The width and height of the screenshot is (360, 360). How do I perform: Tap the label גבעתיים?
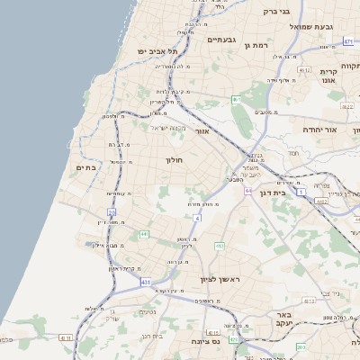coord(220,40)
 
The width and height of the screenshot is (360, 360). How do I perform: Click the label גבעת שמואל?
coord(311,26)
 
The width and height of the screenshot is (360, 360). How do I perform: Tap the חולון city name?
coord(174,160)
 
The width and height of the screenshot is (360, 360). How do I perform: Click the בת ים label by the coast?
coord(85,167)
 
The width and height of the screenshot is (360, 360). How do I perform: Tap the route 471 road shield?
coord(348,41)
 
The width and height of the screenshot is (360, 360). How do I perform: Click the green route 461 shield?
coord(235,99)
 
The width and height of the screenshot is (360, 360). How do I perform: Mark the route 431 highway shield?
coord(146,282)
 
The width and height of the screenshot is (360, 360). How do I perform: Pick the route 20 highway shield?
coord(112,212)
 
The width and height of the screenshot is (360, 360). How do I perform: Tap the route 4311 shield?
coord(64,337)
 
